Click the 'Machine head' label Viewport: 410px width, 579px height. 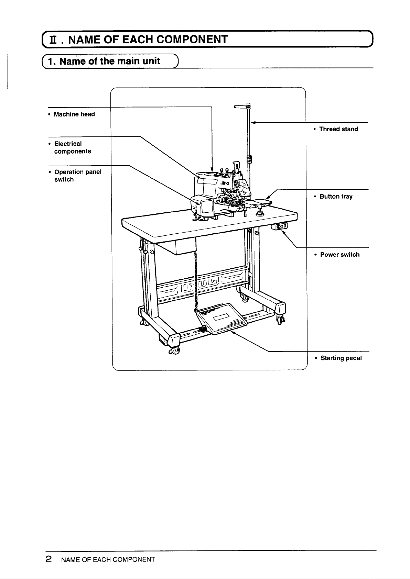click(x=74, y=114)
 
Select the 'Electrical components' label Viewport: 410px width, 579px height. click(x=73, y=147)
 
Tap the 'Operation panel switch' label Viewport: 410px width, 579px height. click(x=78, y=176)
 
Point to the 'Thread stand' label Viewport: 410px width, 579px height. click(x=338, y=129)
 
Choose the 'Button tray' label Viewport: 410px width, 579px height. click(x=336, y=197)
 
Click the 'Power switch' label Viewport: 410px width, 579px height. click(x=340, y=255)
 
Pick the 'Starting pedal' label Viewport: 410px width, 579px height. click(x=341, y=358)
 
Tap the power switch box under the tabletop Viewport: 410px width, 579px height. click(x=279, y=226)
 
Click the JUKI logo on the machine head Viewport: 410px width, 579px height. click(x=225, y=183)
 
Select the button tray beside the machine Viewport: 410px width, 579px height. click(x=258, y=203)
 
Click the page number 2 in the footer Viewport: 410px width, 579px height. click(x=48, y=559)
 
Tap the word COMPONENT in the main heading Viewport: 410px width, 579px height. click(x=192, y=39)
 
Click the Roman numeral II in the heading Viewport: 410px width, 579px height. click(x=53, y=40)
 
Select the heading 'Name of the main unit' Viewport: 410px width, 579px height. click(x=110, y=61)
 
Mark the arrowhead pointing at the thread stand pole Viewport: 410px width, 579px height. click(x=253, y=123)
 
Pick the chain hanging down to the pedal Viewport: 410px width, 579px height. click(x=196, y=282)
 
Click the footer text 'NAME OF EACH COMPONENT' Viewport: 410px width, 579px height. click(x=108, y=560)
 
